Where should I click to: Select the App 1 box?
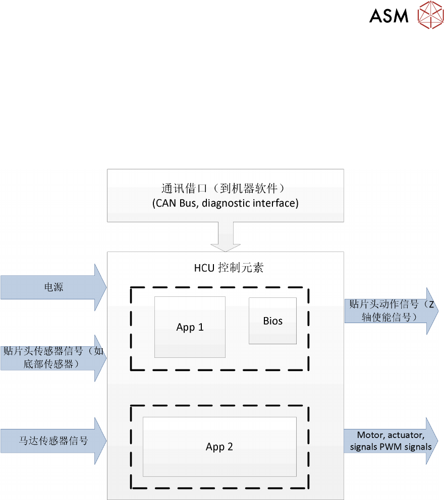click(190, 327)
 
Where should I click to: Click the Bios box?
click(272, 321)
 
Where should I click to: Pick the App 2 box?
click(219, 447)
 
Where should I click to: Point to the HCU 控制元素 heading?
click(229, 268)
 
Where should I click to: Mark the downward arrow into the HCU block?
click(226, 237)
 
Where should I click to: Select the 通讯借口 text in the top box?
click(183, 189)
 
